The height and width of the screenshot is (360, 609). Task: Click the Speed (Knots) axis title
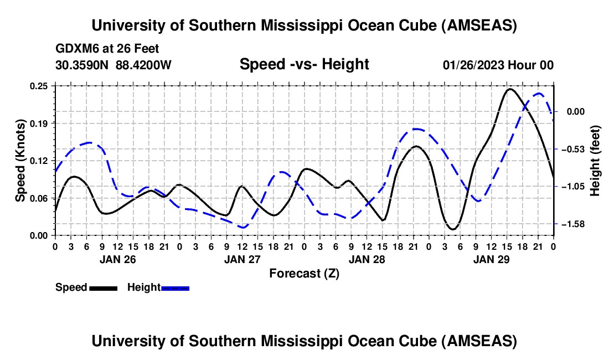coord(20,161)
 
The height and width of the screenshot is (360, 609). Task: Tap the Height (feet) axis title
coord(595,161)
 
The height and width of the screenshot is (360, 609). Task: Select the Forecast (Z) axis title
coord(304,273)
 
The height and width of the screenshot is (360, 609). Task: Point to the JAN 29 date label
coord(491,259)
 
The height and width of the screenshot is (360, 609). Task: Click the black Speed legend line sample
coord(103,287)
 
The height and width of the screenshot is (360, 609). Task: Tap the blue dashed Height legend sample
coord(176,287)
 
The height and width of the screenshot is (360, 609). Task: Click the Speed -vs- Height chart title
coord(304,64)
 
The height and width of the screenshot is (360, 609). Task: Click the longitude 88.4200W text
coord(144,65)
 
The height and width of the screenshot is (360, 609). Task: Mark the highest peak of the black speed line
coord(510,89)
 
